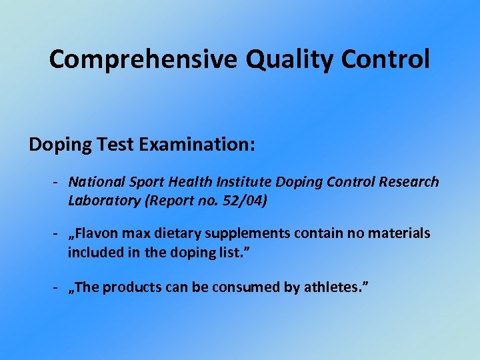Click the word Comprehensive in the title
tap(143, 60)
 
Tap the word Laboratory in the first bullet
tap(99, 200)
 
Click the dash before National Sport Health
tap(59, 182)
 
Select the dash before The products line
tap(59, 288)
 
